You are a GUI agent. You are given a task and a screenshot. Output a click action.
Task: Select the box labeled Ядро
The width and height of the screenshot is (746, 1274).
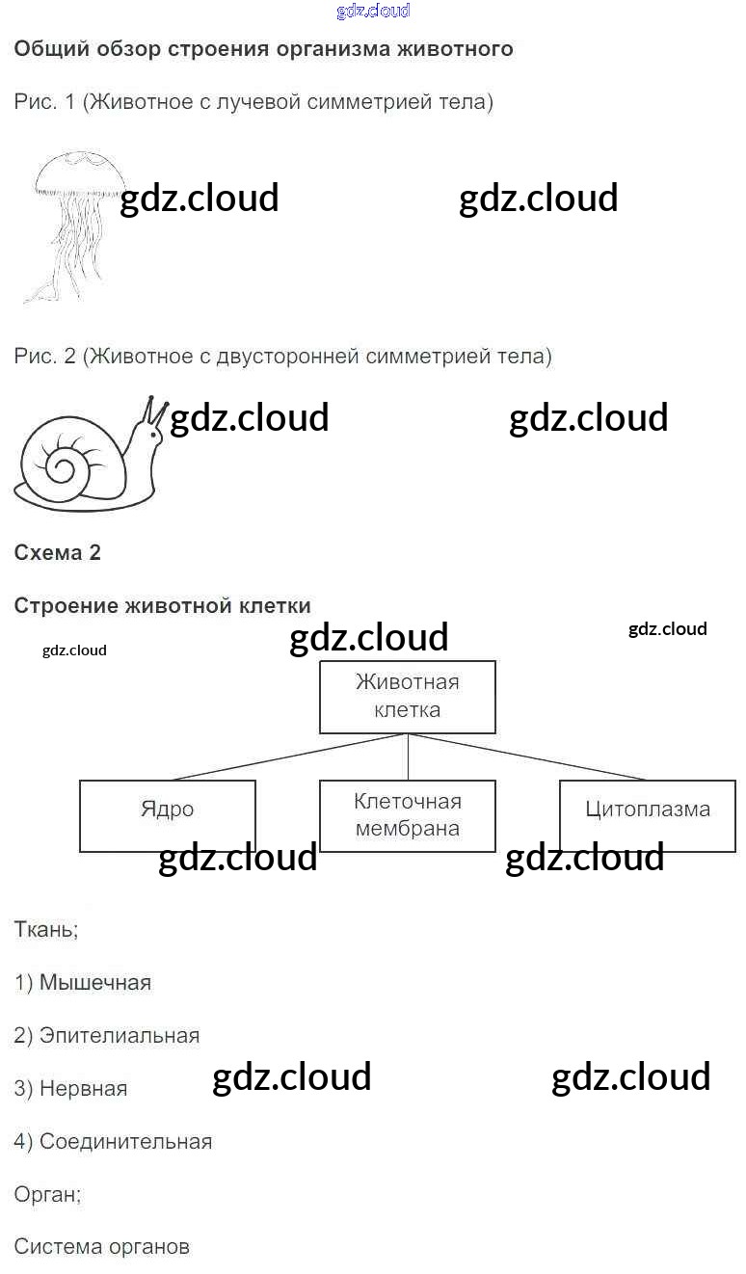pyautogui.click(x=167, y=815)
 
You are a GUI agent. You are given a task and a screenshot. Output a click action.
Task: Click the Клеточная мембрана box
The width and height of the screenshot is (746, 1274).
pyautogui.click(x=407, y=815)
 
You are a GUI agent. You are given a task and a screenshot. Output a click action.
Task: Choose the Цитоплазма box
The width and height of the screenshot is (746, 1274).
pyautogui.click(x=647, y=815)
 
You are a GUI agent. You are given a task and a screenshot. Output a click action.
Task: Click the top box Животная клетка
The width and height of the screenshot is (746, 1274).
pyautogui.click(x=407, y=697)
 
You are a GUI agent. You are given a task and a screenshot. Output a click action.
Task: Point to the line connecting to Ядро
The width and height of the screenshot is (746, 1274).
pyautogui.click(x=289, y=756)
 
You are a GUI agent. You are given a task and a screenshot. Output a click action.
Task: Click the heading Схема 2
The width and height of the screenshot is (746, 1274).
pyautogui.click(x=57, y=553)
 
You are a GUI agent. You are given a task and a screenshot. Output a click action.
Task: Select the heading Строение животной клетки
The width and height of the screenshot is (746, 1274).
pyautogui.click(x=162, y=606)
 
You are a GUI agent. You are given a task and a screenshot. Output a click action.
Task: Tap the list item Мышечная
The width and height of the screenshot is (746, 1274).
pyautogui.click(x=83, y=983)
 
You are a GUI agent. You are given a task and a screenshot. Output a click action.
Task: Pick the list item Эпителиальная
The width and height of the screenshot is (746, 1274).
pyautogui.click(x=107, y=1036)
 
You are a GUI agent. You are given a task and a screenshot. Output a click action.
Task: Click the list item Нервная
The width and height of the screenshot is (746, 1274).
pyautogui.click(x=70, y=1089)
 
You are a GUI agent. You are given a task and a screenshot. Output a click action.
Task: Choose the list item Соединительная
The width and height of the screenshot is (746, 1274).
pyautogui.click(x=113, y=1142)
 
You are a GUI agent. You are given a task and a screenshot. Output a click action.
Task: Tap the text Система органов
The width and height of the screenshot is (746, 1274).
pyautogui.click(x=101, y=1247)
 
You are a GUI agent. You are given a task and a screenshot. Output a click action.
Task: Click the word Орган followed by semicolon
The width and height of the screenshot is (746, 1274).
pyautogui.click(x=47, y=1194)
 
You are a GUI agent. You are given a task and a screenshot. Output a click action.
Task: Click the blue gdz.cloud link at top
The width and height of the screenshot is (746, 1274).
pyautogui.click(x=373, y=11)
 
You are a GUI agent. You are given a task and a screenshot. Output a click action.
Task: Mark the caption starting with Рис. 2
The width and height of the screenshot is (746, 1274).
pyautogui.click(x=282, y=357)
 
